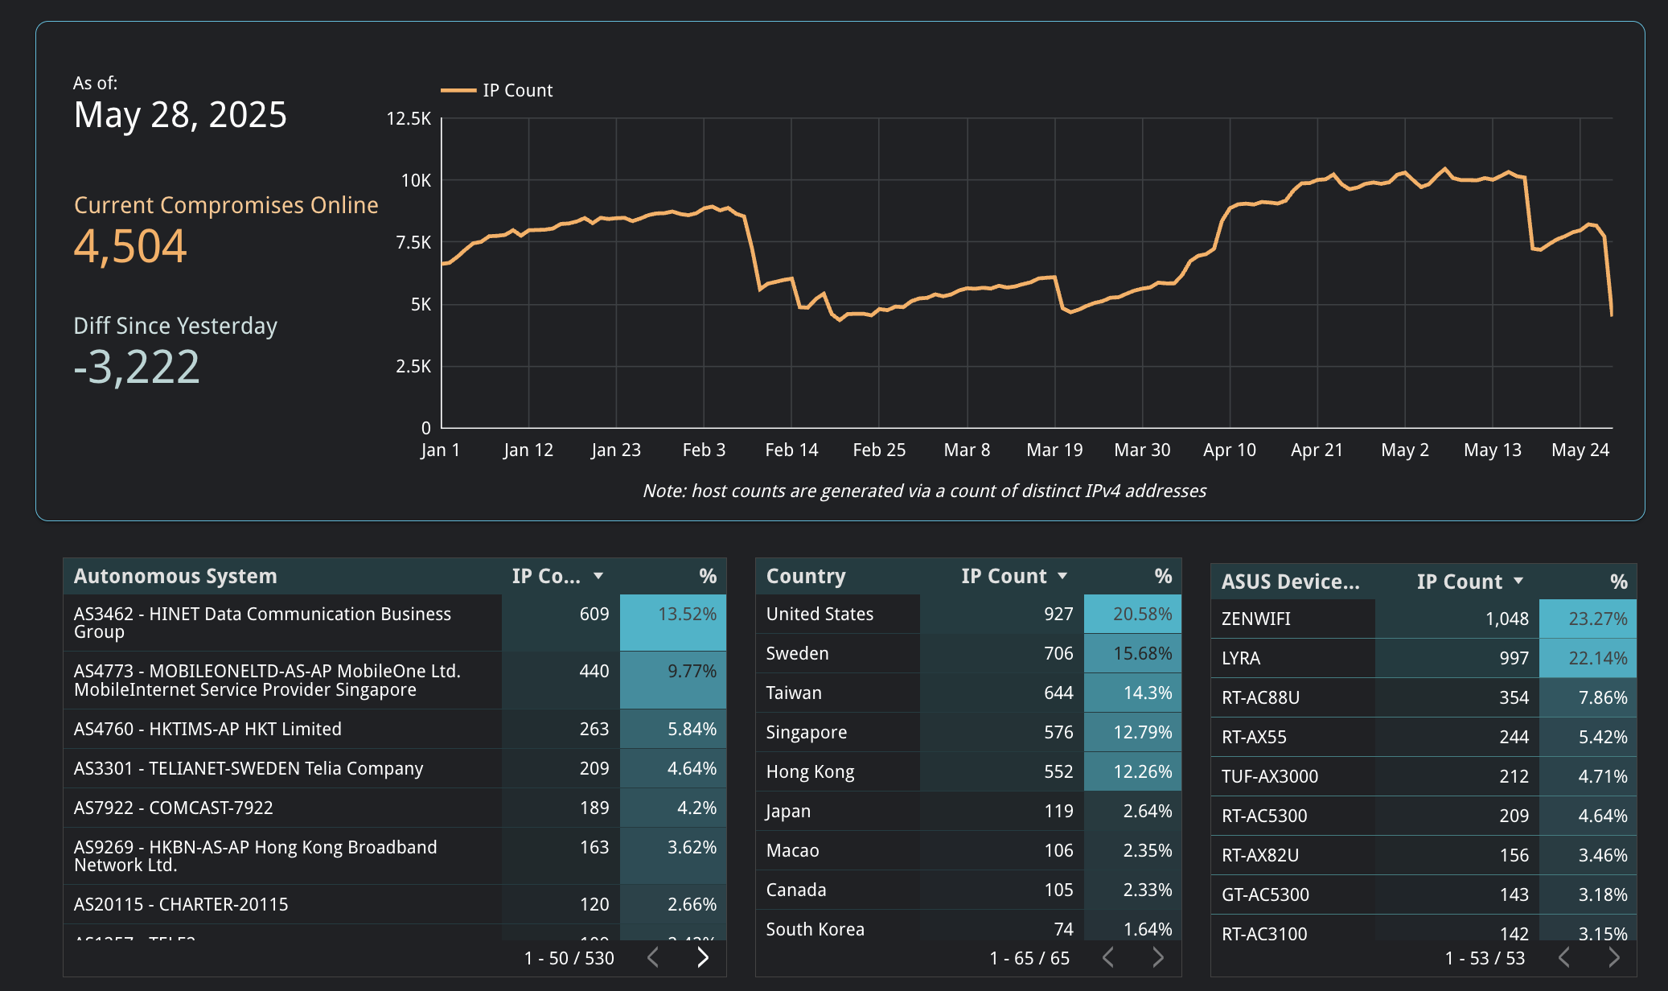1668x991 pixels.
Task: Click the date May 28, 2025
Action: (180, 115)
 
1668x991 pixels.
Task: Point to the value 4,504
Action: (130, 246)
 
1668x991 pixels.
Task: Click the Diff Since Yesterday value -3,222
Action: (137, 368)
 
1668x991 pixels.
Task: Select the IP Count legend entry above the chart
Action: (498, 90)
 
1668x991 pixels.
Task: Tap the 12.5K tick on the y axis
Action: (409, 119)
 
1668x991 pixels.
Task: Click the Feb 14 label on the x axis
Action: (791, 450)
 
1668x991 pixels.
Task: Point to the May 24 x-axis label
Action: (1580, 450)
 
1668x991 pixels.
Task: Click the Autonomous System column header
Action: (175, 576)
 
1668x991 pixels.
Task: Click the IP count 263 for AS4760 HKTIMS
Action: (594, 729)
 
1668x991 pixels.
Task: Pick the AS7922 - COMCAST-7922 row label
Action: (174, 808)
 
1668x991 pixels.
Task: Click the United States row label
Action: (820, 614)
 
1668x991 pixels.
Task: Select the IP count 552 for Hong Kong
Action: (1058, 771)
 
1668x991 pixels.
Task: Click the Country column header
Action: (806, 576)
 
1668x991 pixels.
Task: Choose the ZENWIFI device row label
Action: (1255, 619)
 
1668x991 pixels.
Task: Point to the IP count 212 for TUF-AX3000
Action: (1513, 776)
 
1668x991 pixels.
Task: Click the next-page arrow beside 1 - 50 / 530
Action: (703, 957)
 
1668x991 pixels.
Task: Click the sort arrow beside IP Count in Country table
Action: (1062, 576)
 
